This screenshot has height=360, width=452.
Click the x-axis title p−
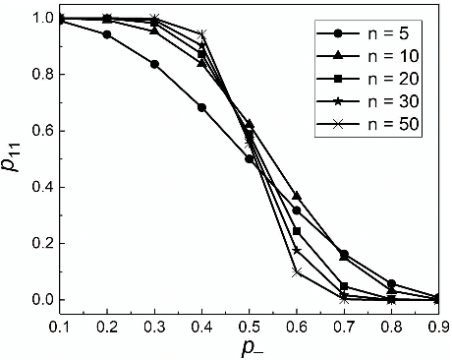pyautogui.click(x=251, y=346)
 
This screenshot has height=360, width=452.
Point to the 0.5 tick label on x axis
pyautogui.click(x=251, y=323)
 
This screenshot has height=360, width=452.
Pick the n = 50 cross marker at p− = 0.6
pyautogui.click(x=297, y=272)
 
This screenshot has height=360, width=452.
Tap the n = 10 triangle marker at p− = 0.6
pyautogui.click(x=297, y=197)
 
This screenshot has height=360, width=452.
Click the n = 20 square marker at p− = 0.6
pyautogui.click(x=297, y=231)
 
